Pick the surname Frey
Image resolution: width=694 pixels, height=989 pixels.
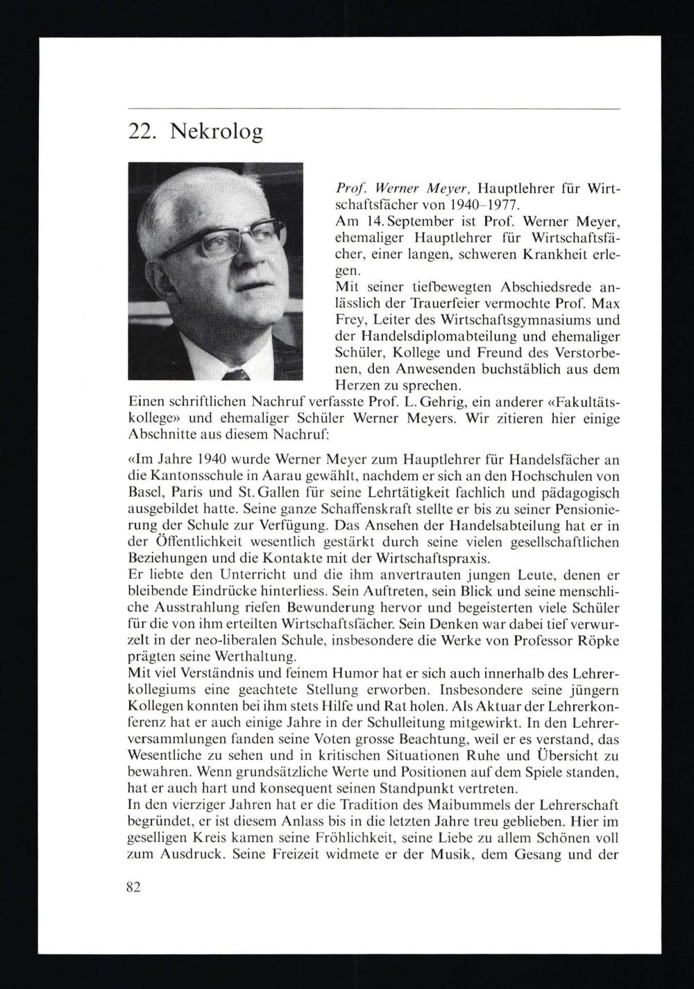click(x=352, y=321)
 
